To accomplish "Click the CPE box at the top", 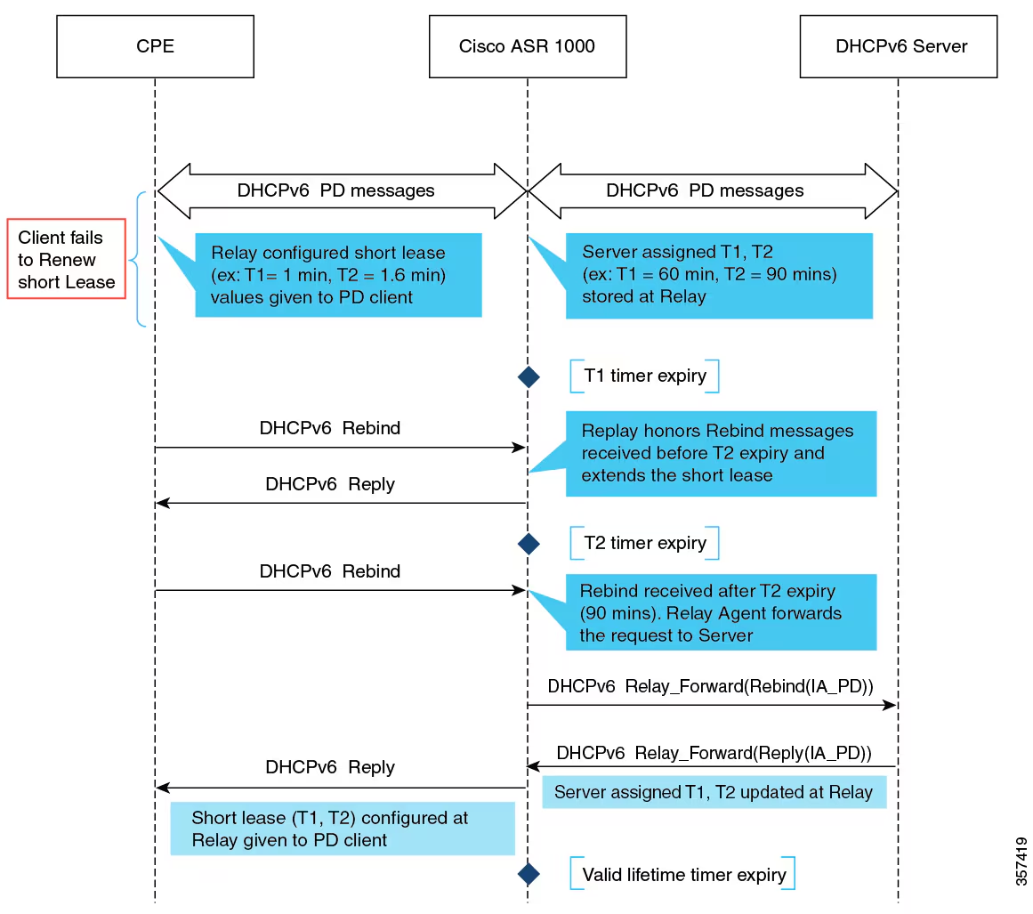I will (x=155, y=46).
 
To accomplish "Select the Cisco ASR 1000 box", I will (x=527, y=46).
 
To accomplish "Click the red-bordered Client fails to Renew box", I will (x=67, y=260).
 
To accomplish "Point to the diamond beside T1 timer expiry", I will (x=529, y=376).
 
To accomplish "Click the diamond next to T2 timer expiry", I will (x=529, y=544).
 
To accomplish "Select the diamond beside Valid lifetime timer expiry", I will (x=529, y=874).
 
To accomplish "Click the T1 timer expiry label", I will (x=644, y=376).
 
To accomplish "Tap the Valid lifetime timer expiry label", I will (x=683, y=874).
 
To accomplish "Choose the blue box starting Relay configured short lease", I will (x=338, y=275).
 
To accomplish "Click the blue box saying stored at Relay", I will (x=719, y=275).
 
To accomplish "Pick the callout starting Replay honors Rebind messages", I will (x=721, y=453).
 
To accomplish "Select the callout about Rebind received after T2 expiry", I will (x=721, y=612).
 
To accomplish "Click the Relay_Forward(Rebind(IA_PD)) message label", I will (x=710, y=686).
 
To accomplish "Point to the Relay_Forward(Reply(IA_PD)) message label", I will (x=714, y=753).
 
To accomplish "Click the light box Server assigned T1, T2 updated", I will (x=714, y=792).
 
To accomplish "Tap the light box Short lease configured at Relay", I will (x=343, y=829).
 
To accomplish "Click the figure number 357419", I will (x=1021, y=860).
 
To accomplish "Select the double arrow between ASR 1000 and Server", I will (x=712, y=190).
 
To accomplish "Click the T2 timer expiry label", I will (x=644, y=543).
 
